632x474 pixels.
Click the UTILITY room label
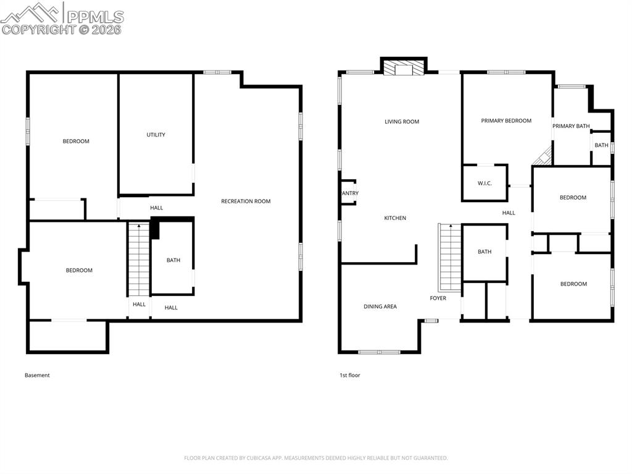click(x=156, y=135)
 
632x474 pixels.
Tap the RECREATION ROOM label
click(x=246, y=201)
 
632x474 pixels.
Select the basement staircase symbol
click(x=139, y=260)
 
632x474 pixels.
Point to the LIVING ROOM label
click(x=402, y=122)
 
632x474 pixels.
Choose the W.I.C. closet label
click(x=484, y=183)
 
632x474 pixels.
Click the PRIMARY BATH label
click(x=571, y=126)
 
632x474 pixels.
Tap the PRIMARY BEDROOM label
click(x=506, y=121)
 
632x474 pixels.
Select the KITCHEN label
click(x=395, y=218)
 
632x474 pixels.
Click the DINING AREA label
click(x=380, y=307)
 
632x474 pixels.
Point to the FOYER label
click(x=438, y=298)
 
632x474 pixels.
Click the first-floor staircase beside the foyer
click(x=450, y=258)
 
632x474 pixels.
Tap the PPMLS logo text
click(x=95, y=17)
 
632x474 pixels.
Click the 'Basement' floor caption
click(x=37, y=375)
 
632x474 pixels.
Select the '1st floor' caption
click(x=350, y=375)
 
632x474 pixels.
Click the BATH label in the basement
click(x=173, y=260)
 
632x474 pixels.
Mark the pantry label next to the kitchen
click(x=350, y=193)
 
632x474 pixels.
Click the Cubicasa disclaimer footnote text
click(x=316, y=458)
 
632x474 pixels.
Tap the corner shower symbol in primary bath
click(x=543, y=157)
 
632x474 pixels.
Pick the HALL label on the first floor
click(x=509, y=213)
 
